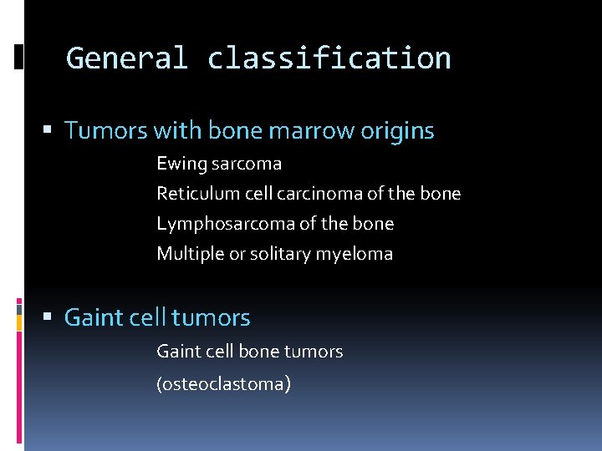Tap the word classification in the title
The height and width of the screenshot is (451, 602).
coord(329,58)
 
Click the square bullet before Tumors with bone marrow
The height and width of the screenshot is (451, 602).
coord(47,130)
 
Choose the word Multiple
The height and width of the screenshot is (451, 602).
coord(190,254)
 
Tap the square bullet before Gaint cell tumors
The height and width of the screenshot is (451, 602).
coord(47,317)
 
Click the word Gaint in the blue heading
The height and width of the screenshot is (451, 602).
coord(92,318)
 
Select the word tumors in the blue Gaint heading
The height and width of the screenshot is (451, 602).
coord(211,318)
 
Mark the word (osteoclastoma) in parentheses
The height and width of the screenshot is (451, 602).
coord(224,384)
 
